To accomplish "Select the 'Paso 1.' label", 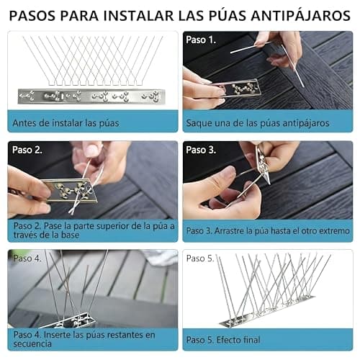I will [201, 40].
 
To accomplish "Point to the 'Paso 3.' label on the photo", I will [201, 150].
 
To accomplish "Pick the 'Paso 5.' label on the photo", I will [201, 258].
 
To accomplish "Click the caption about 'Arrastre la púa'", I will [266, 231].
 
